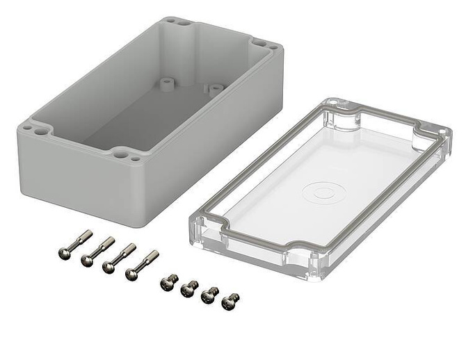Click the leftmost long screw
pyautogui.click(x=74, y=245)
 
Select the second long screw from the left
pyautogui.click(x=97, y=252)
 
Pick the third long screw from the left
pyautogui.click(x=118, y=259)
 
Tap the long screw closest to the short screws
pyautogui.click(x=141, y=266)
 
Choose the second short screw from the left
pyautogui.click(x=189, y=288)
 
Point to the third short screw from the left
pyautogui.click(x=209, y=295)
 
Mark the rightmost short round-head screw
pyautogui.click(x=230, y=301)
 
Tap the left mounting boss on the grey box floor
pyautogui.click(x=166, y=83)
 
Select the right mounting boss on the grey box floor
pyautogui.click(x=215, y=89)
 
